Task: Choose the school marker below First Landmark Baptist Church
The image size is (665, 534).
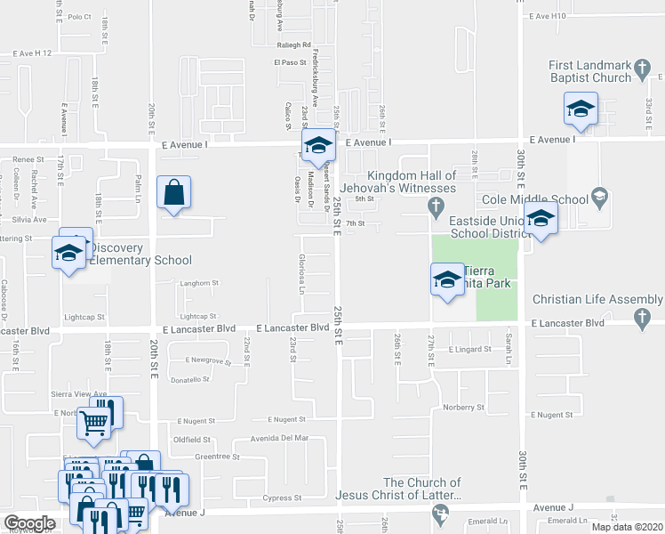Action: pyautogui.click(x=580, y=109)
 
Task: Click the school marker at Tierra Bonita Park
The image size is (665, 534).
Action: pyautogui.click(x=446, y=279)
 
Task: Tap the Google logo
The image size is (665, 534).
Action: pyautogui.click(x=29, y=523)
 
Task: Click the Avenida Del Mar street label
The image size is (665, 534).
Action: pyautogui.click(x=278, y=438)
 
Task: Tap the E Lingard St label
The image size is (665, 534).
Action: pyautogui.click(x=470, y=350)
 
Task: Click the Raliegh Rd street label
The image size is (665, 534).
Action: pyautogui.click(x=293, y=44)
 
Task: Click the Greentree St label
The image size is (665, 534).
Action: pyautogui.click(x=218, y=457)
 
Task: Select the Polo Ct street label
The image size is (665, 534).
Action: pyautogui.click(x=79, y=17)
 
